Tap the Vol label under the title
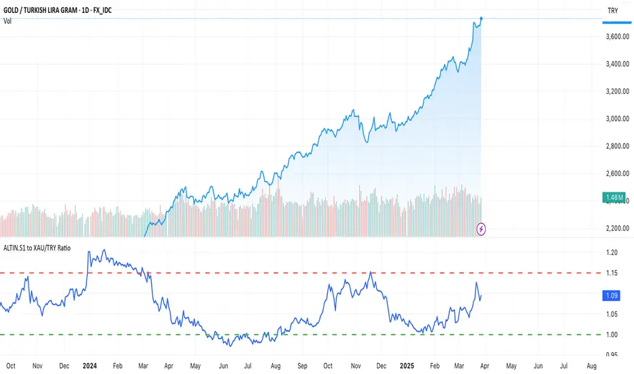9,21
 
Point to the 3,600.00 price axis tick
616,37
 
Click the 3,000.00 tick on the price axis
616,119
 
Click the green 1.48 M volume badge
615,198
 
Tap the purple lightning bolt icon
482,228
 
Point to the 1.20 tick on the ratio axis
613,253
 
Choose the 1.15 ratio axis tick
613,273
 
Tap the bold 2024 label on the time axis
89,365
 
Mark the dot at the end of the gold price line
482,18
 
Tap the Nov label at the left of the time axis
37,365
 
